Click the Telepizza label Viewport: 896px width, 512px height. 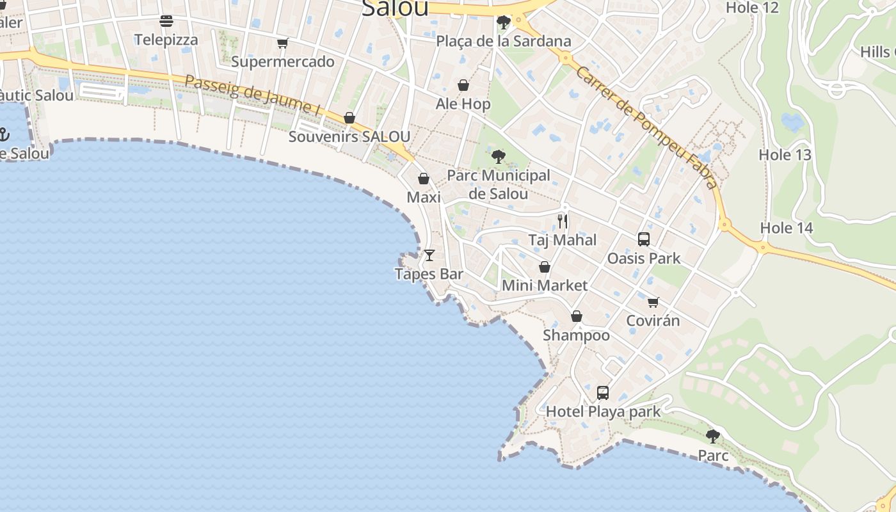(166, 40)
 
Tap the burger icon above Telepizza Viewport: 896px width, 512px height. (166, 21)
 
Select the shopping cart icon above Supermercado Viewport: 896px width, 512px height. (283, 43)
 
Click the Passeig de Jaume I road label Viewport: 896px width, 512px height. (252, 95)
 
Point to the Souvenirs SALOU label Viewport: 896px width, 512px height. (349, 136)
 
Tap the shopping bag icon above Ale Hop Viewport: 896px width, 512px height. (463, 85)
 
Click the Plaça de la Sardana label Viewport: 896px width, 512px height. (503, 41)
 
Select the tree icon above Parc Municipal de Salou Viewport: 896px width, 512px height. (498, 156)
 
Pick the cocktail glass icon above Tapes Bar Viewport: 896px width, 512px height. (429, 255)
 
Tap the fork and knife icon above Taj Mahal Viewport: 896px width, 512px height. (563, 221)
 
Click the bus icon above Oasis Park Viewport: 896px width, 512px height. (644, 239)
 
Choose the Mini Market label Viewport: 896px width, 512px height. (544, 285)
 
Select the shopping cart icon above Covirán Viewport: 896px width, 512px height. (653, 302)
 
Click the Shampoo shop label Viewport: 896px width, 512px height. (576, 335)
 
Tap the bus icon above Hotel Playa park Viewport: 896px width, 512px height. (603, 392)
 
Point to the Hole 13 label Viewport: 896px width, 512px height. (785, 154)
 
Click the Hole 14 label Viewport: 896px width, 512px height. (787, 228)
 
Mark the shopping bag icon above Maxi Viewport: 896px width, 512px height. (424, 179)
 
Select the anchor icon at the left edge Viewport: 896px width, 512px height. (3, 134)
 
